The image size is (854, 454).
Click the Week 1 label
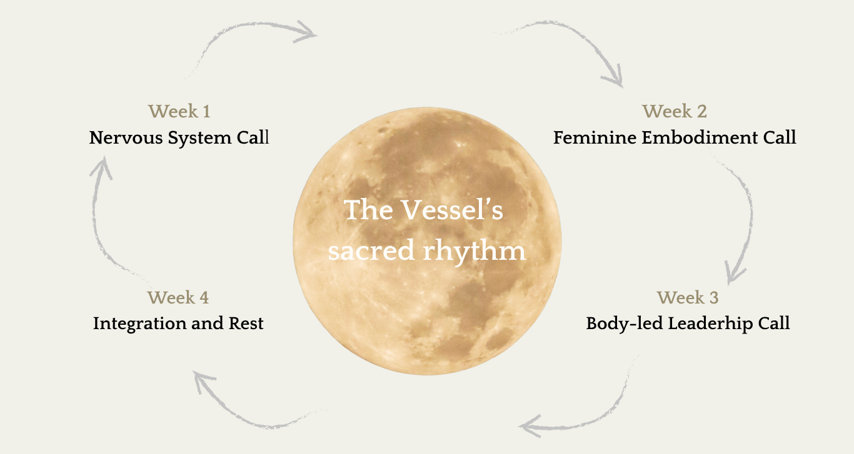(x=179, y=112)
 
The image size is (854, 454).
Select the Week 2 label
(x=675, y=112)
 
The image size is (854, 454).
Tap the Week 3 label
(x=688, y=298)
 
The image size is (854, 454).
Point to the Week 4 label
(x=178, y=298)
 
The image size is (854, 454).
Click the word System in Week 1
(x=200, y=137)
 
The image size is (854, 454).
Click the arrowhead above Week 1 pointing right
(x=307, y=31)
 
